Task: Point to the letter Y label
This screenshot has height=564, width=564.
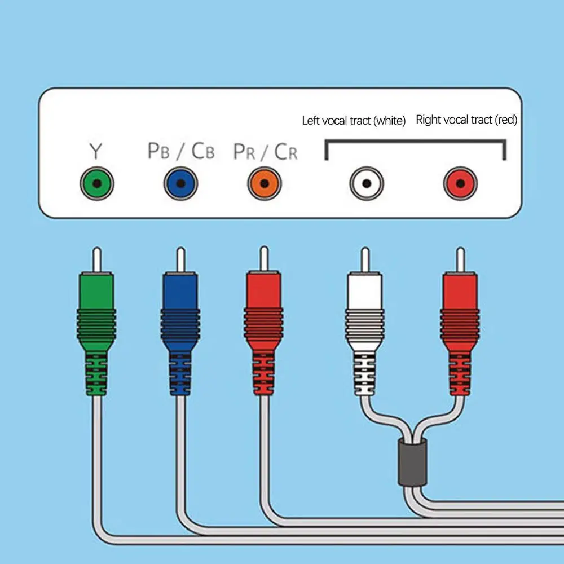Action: pos(96,151)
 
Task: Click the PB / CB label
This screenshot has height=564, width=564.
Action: pos(180,151)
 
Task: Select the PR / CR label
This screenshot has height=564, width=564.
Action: pos(265,151)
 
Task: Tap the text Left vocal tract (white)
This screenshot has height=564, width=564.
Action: pos(354,120)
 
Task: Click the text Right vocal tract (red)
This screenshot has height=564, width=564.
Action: pos(466,120)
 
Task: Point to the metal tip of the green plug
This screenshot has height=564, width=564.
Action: pos(96,259)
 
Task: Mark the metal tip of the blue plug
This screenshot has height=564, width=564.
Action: pos(180,259)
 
